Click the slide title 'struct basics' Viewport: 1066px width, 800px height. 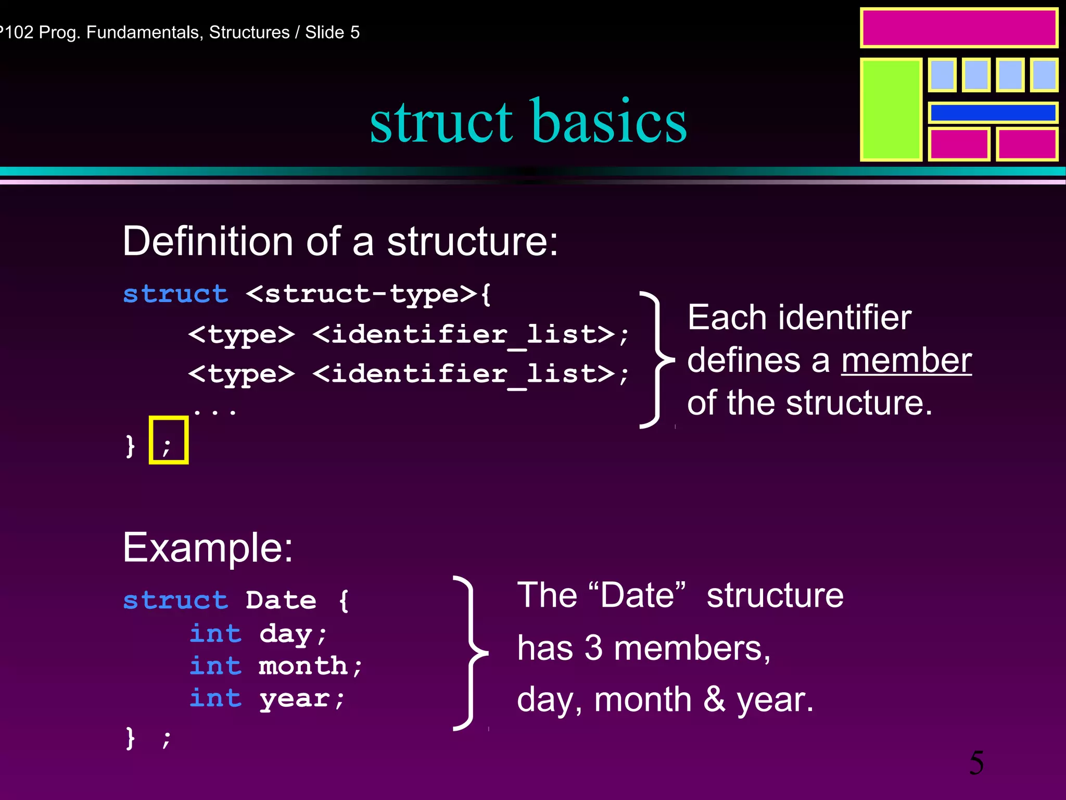tap(528, 122)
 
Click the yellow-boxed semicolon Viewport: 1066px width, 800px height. tap(168, 441)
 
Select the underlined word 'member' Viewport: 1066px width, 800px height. tap(906, 360)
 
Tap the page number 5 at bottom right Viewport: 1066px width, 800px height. tap(976, 763)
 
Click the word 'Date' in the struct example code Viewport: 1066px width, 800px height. tap(281, 600)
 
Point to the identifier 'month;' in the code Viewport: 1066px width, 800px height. tap(310, 666)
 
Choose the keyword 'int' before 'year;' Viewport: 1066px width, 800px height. tap(215, 698)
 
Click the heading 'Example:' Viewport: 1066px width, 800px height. tap(208, 548)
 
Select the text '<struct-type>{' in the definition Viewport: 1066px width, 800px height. tap(368, 294)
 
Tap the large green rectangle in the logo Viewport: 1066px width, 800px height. tap(891, 109)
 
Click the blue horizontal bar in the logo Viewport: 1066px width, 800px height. tap(993, 113)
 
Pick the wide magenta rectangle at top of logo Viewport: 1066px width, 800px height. tap(959, 28)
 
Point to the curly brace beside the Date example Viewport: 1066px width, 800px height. tap(471, 653)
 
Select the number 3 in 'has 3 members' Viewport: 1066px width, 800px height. tap(593, 648)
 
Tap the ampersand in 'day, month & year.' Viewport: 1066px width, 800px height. tap(714, 699)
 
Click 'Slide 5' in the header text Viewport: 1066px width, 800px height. tap(332, 32)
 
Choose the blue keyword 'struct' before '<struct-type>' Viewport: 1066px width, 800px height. tap(175, 294)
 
